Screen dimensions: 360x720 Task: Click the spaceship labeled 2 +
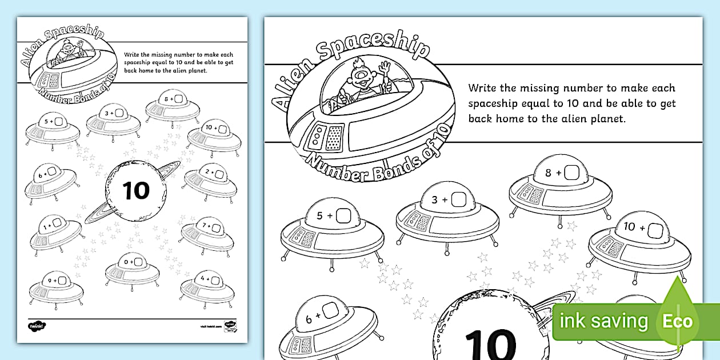click(210, 178)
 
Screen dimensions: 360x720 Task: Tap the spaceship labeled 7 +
click(207, 234)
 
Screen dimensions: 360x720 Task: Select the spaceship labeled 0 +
click(131, 268)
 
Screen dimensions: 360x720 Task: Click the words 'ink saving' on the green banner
click(605, 321)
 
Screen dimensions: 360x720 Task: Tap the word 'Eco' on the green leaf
click(677, 321)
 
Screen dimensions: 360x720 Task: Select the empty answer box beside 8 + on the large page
click(571, 172)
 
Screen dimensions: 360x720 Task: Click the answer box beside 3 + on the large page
click(458, 199)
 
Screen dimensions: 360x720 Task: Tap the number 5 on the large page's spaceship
click(320, 216)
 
